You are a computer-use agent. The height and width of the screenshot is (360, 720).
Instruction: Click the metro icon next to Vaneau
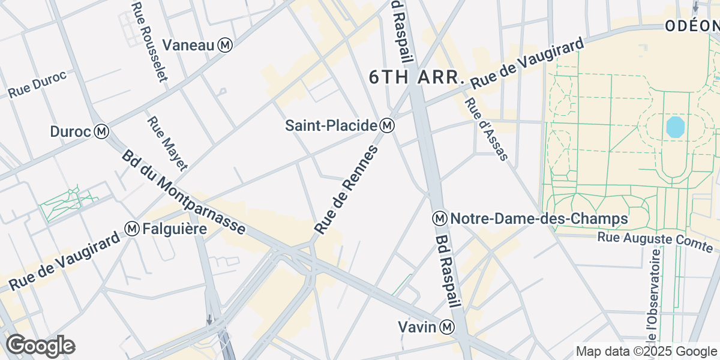226,45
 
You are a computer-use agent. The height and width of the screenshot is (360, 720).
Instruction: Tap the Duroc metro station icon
103,131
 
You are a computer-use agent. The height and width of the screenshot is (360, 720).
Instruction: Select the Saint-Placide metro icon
388,125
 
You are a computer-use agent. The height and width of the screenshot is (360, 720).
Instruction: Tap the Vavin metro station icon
447,327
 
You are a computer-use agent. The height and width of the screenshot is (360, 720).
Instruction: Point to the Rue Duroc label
37,85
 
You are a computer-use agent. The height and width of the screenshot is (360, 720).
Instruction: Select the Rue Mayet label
167,143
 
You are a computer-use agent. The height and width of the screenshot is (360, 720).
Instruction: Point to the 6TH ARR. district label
416,77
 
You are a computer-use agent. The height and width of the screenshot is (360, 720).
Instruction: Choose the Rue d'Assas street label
486,130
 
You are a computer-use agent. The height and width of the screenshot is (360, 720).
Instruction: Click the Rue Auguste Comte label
655,242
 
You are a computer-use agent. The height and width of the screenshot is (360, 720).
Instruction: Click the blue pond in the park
675,127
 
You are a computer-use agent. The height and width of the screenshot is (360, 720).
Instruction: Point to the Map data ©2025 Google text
647,351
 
